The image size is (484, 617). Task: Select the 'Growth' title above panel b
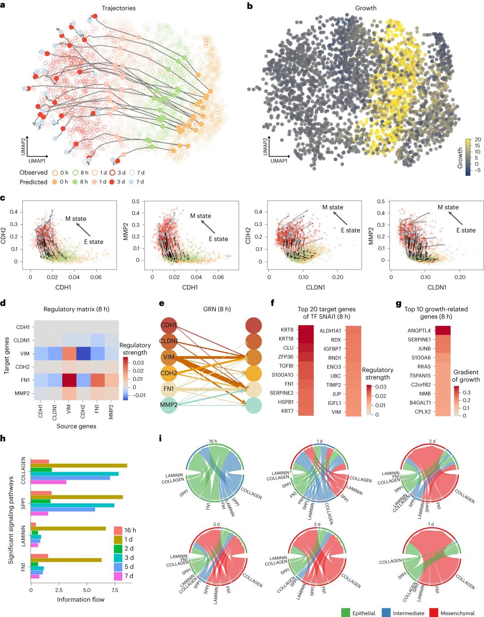click(366, 8)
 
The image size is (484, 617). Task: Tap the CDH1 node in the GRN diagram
click(169, 325)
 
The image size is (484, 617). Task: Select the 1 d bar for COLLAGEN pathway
click(79, 466)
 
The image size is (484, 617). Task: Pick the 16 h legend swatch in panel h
click(118, 530)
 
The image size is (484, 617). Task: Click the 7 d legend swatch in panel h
click(118, 576)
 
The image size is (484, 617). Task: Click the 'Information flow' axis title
click(81, 599)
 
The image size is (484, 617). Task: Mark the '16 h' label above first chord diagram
click(214, 441)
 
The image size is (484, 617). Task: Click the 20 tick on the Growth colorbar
click(477, 140)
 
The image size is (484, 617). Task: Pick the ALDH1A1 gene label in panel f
click(330, 331)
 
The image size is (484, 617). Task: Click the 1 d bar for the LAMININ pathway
click(68, 529)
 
